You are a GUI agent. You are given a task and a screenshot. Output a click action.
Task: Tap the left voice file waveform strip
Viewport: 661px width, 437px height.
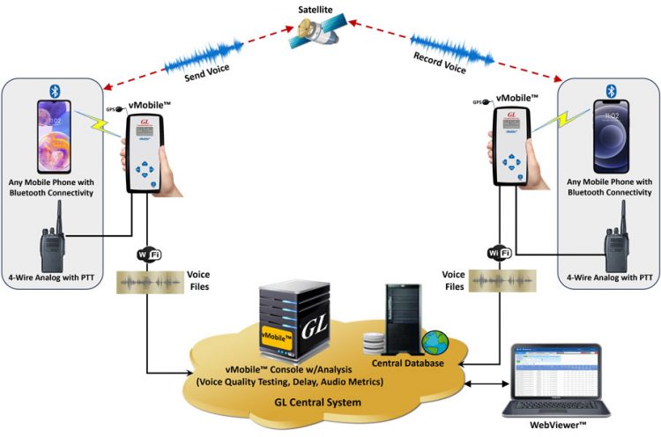click(151, 282)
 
